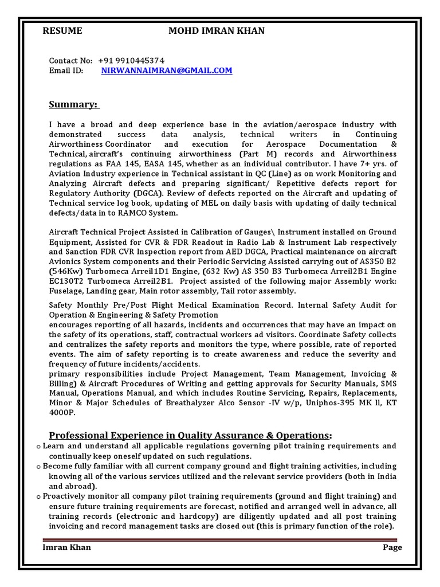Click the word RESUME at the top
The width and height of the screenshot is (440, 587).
[63, 31]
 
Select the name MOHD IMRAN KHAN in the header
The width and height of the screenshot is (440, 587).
[216, 31]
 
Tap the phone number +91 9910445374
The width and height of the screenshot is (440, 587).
[131, 60]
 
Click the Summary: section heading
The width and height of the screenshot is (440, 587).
[74, 104]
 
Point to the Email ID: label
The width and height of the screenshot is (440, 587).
[66, 71]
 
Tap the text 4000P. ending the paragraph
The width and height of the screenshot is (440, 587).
[62, 413]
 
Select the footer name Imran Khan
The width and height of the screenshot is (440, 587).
[67, 547]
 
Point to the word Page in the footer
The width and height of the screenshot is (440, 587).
[392, 547]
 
